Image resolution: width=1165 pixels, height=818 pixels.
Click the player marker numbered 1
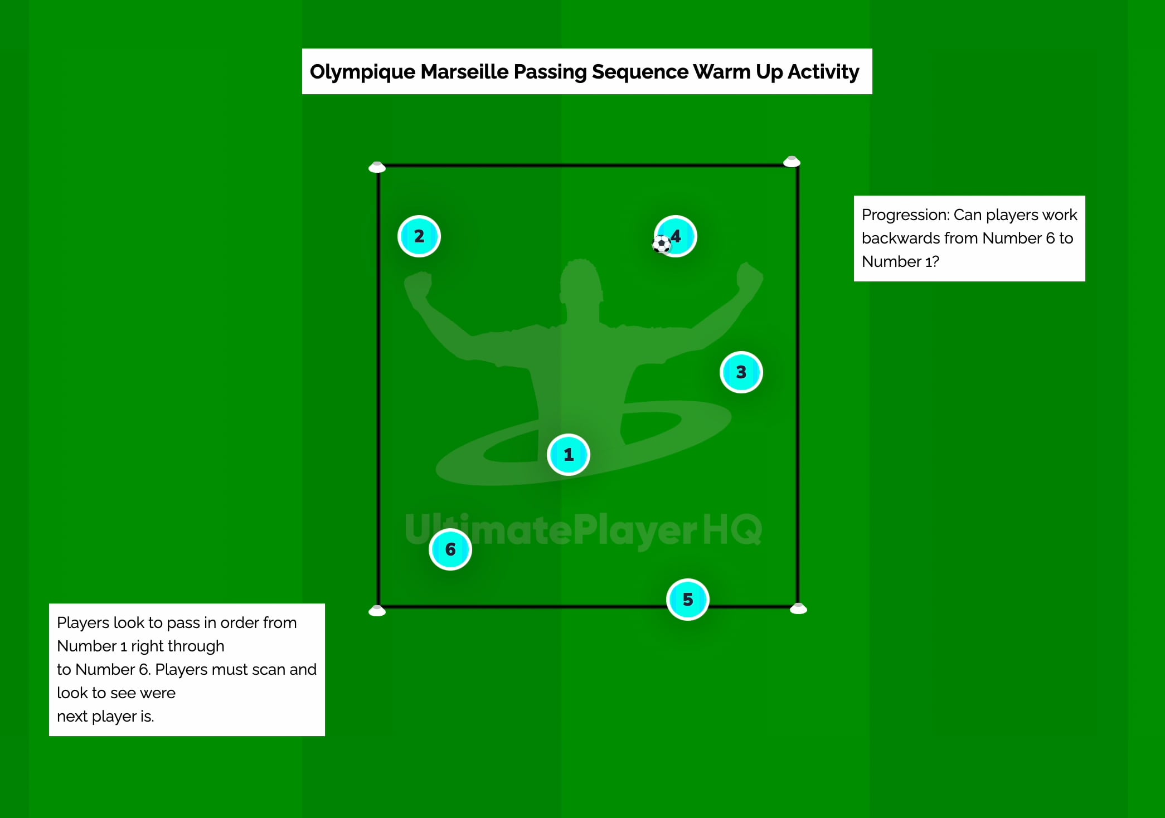click(x=568, y=455)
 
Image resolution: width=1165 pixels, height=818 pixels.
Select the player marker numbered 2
click(x=419, y=236)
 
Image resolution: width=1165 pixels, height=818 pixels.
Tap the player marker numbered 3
click(x=741, y=372)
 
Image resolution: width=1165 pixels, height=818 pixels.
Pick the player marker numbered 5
click(x=687, y=600)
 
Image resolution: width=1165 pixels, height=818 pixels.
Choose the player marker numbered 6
click(x=450, y=549)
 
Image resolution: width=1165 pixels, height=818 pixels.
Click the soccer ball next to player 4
click(x=662, y=244)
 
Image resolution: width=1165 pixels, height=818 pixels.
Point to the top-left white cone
click(x=377, y=167)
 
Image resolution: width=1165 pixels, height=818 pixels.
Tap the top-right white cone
click(x=792, y=162)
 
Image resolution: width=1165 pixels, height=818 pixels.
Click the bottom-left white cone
click(x=377, y=611)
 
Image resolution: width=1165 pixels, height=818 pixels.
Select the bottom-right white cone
click(x=798, y=608)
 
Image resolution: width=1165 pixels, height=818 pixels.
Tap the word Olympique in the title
click(x=362, y=72)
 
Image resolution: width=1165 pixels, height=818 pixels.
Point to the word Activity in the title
click(x=823, y=72)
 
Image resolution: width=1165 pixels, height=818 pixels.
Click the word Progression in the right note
click(x=905, y=215)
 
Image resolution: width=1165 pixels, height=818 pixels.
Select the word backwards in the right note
click(x=919, y=238)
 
